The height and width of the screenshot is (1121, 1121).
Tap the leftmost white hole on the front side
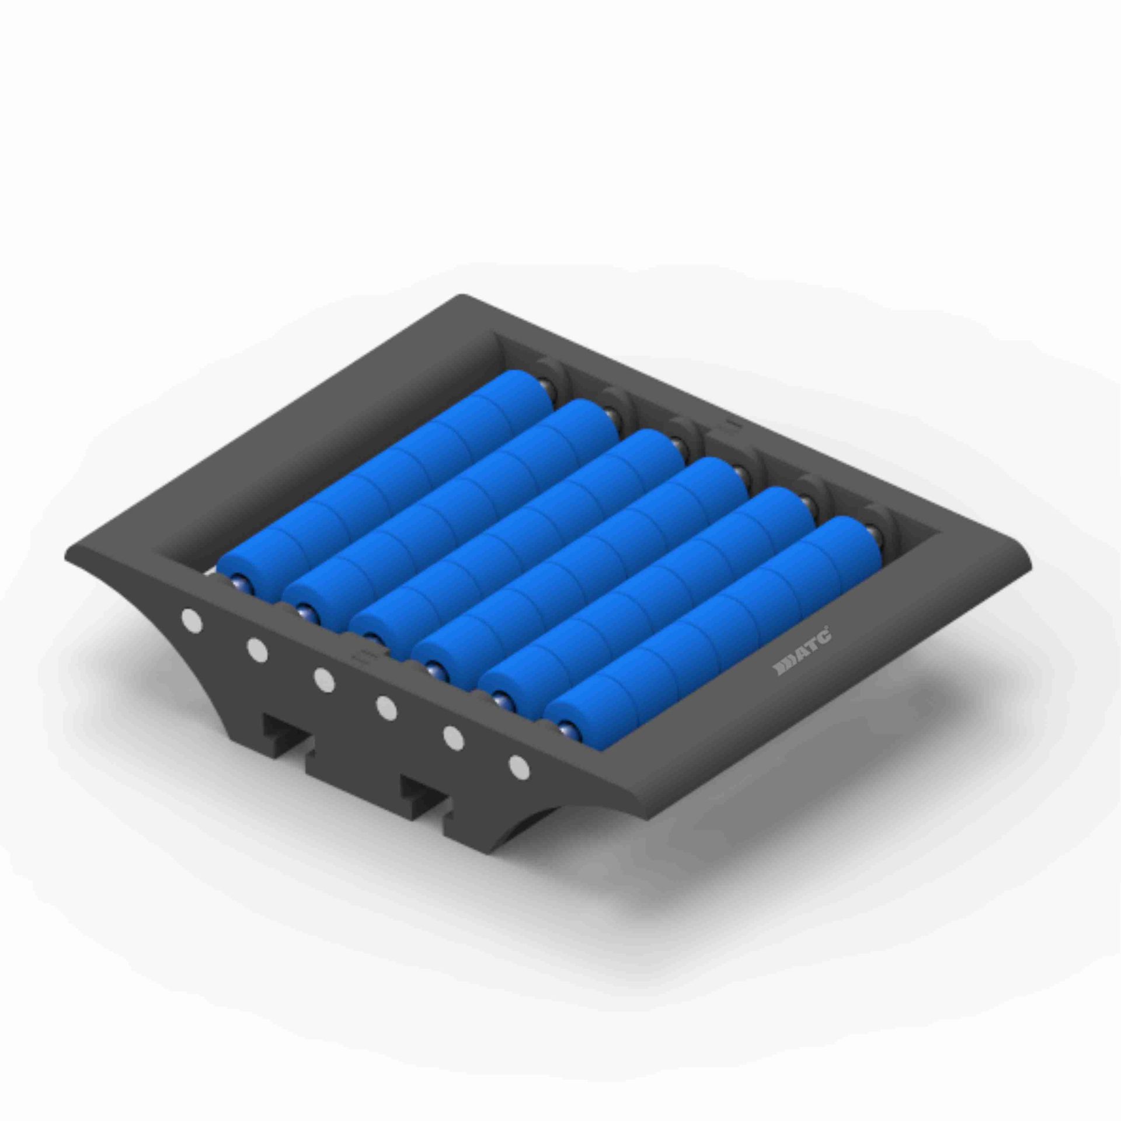tap(192, 621)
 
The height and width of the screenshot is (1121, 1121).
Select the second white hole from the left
tap(257, 650)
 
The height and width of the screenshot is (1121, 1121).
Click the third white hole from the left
tap(323, 680)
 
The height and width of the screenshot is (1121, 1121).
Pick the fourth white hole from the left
tap(387, 708)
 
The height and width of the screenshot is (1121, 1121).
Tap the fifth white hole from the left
tap(453, 738)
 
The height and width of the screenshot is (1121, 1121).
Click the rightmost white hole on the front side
tap(518, 767)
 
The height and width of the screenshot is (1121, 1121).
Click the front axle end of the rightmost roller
tap(566, 729)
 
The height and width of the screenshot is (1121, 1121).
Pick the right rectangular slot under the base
tap(423, 791)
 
